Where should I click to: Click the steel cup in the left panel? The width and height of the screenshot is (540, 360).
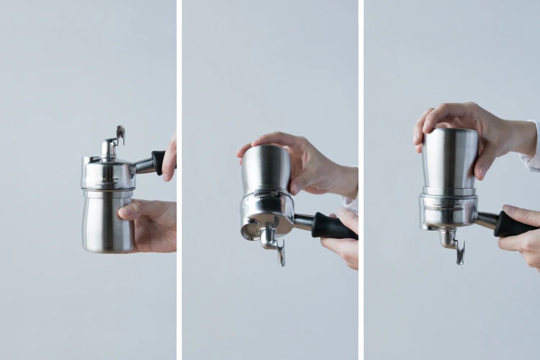pos(104,223)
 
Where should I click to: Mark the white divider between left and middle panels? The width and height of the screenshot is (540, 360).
pos(179,180)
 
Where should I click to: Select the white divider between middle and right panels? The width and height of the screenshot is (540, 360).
pos(361,180)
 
